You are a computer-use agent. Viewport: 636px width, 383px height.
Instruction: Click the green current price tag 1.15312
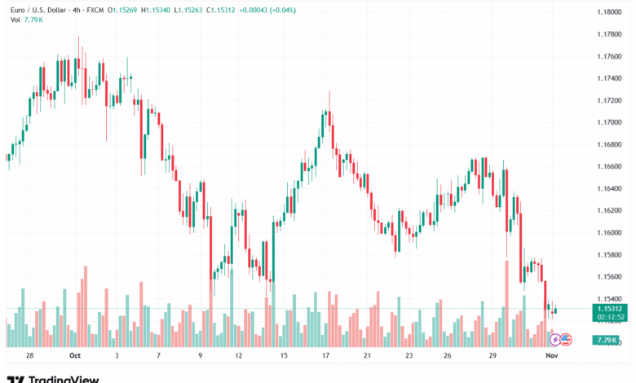[x=607, y=309]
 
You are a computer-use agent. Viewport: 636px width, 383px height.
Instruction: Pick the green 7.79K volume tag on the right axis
[x=606, y=340]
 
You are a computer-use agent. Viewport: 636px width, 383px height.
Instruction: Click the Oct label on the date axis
[x=76, y=355]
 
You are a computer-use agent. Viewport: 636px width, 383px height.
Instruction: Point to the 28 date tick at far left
[x=29, y=355]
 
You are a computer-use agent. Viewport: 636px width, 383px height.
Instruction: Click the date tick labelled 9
[x=201, y=355]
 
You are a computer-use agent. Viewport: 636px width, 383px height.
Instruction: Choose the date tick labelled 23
[x=409, y=355]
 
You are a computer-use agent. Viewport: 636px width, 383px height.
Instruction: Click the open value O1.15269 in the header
[x=120, y=9]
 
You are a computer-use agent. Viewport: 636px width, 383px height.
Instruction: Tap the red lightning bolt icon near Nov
[x=555, y=338]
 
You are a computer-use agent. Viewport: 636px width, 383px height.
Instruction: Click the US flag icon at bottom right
[x=566, y=338]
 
